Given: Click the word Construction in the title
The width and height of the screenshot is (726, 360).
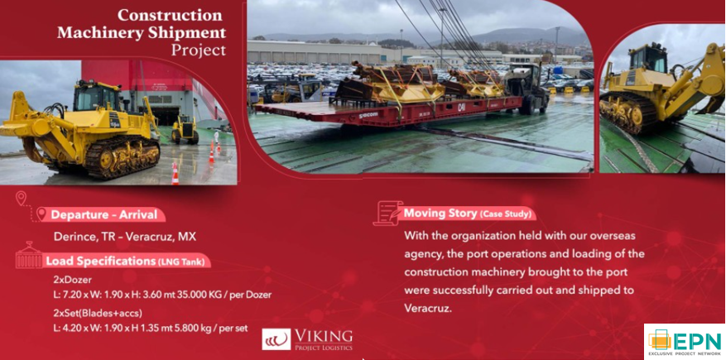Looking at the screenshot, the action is click(170, 15).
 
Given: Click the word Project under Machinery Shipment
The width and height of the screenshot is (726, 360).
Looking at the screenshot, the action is click(199, 49).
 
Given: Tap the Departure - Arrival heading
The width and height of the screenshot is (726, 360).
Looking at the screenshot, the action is click(104, 214).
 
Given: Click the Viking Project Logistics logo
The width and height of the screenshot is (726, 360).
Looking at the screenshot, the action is click(307, 339).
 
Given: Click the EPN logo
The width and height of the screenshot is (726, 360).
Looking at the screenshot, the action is click(685, 342).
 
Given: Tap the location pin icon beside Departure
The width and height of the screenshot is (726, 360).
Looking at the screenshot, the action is click(41, 214).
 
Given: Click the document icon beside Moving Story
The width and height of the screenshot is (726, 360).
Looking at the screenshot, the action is click(388, 213).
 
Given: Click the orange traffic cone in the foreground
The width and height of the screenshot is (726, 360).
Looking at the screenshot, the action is click(175, 174).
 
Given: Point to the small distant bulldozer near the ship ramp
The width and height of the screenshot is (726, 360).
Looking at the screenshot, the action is click(185, 130).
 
